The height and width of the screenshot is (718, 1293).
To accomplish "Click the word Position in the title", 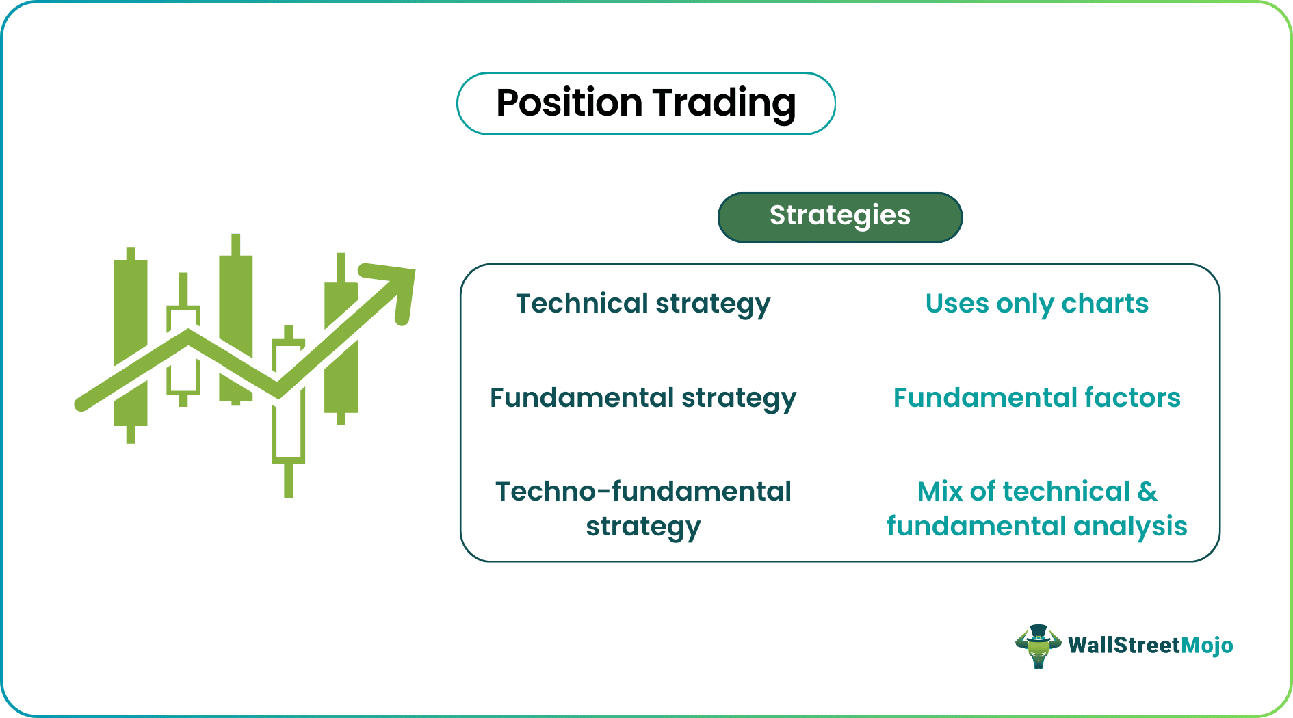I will [569, 103].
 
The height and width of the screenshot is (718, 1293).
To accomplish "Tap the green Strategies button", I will [839, 217].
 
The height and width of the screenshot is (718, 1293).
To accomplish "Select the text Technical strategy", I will [642, 304].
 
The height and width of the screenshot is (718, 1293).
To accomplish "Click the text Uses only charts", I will [1036, 304].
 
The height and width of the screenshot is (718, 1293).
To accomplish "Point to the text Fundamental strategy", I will [642, 398].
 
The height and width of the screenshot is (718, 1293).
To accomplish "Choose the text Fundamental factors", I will [1036, 398].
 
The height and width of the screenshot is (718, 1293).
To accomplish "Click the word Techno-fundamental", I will [642, 492].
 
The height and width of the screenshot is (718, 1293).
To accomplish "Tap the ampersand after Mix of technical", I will [1147, 492].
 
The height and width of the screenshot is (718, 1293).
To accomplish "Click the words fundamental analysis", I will [1036, 527].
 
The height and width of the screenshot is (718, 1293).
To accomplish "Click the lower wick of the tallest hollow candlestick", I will [288, 480].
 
